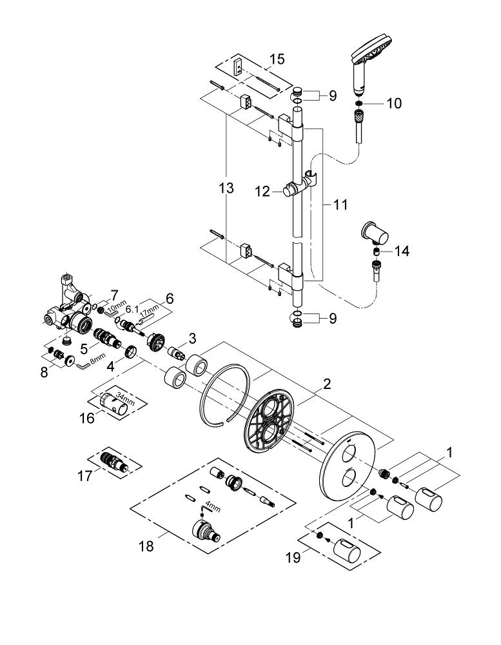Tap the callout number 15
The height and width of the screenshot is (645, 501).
(277, 59)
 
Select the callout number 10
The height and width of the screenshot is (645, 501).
(393, 103)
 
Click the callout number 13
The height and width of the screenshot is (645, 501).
(226, 188)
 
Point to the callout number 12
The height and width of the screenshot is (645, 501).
(262, 192)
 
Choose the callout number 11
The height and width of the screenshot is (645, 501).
(340, 204)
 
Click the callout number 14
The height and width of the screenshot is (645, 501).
(402, 251)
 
